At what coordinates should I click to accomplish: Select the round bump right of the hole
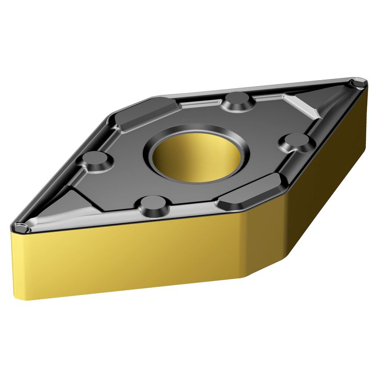point(297,142)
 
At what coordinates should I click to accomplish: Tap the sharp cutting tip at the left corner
point(20,228)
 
